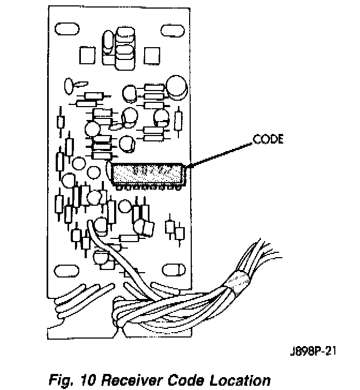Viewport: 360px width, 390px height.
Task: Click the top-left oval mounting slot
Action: coord(66,30)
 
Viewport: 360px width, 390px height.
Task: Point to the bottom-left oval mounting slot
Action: coord(66,267)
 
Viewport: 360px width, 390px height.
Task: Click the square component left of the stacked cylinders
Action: coord(87,54)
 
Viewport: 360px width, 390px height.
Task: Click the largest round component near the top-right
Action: coord(176,87)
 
